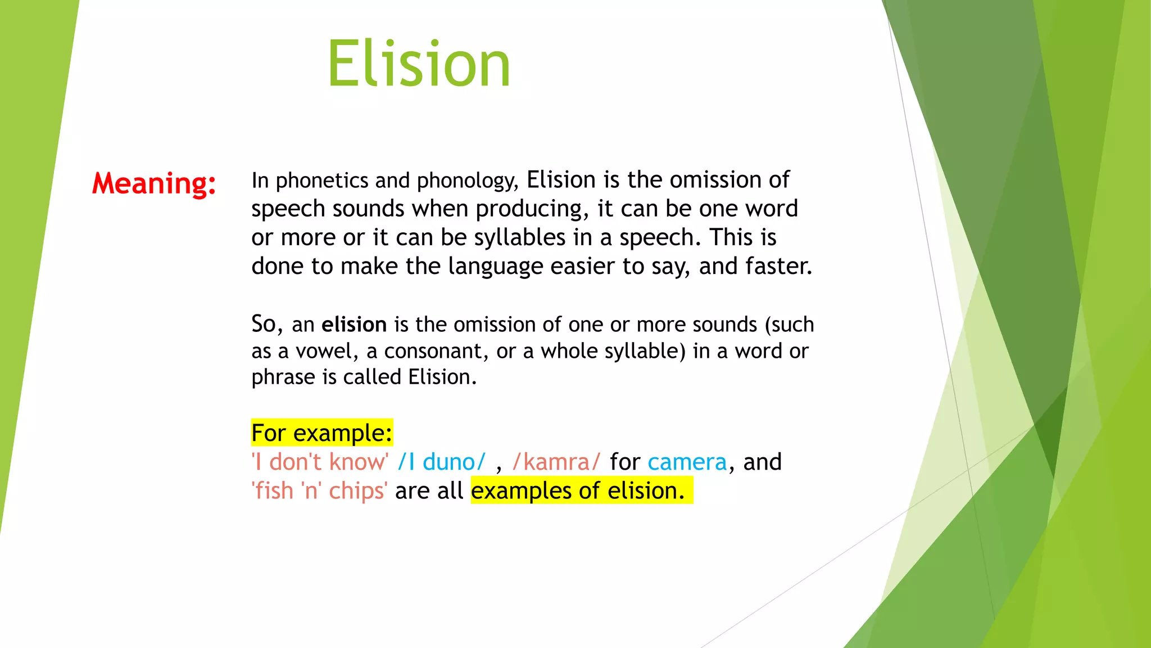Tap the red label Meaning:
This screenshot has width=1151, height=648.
pyautogui.click(x=154, y=183)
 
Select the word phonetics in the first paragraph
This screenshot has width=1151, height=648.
pyautogui.click(x=322, y=181)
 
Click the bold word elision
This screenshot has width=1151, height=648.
pyautogui.click(x=354, y=325)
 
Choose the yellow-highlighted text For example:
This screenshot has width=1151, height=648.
pyautogui.click(x=321, y=433)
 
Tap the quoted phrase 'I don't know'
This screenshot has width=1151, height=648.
pyautogui.click(x=320, y=462)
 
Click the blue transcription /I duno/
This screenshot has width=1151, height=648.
pyautogui.click(x=441, y=462)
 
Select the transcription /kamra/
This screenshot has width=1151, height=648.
pyautogui.click(x=556, y=462)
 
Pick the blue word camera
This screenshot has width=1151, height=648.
pyautogui.click(x=687, y=462)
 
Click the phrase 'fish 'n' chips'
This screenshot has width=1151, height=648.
pyautogui.click(x=319, y=491)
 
